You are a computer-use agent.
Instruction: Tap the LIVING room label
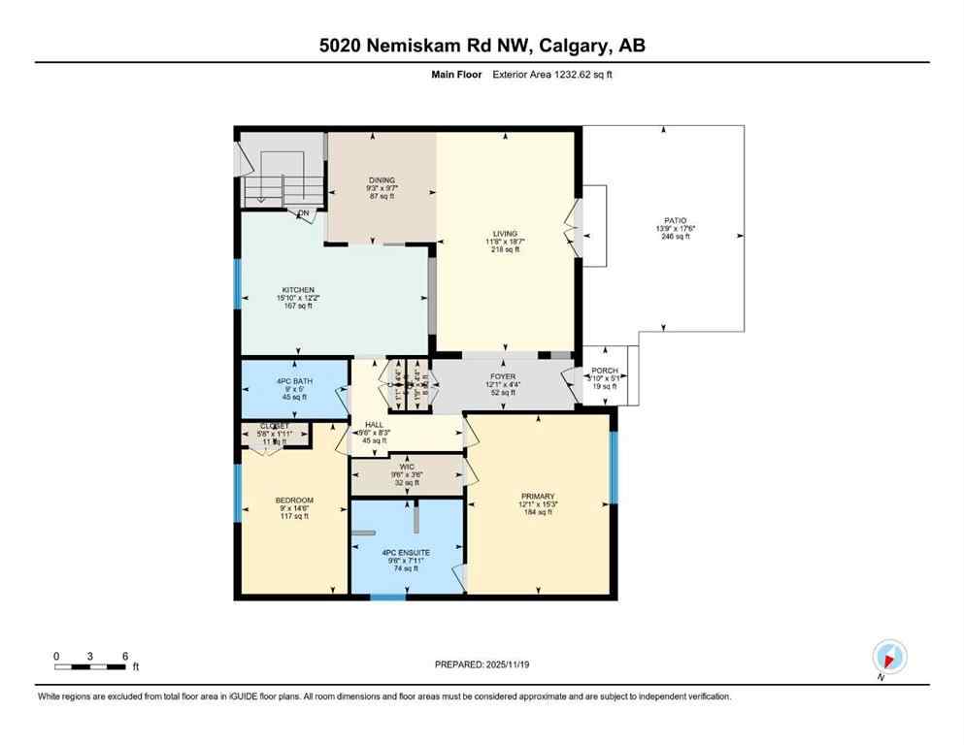click(505, 234)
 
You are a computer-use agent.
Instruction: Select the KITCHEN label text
click(298, 290)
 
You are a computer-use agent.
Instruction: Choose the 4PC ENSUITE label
click(405, 552)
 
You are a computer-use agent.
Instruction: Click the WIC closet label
click(405, 467)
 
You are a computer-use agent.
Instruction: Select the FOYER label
click(503, 376)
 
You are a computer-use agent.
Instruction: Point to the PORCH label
click(605, 371)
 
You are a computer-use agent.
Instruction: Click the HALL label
click(374, 425)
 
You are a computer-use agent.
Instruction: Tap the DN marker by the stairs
click(304, 212)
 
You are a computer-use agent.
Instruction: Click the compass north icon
click(889, 656)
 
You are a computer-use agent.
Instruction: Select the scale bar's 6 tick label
click(125, 656)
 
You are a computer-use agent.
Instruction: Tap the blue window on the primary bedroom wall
click(613, 468)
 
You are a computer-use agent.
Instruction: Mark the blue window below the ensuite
click(388, 597)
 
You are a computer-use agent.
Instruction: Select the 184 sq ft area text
click(537, 512)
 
